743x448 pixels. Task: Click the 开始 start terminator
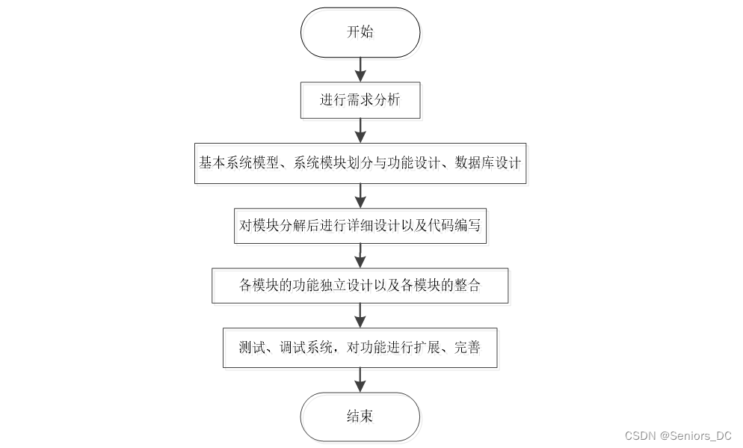[360, 32]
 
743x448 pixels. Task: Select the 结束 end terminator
[360, 417]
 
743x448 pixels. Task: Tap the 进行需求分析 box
[360, 100]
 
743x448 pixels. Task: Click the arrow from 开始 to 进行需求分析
[360, 70]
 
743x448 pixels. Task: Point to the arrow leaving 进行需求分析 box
[360, 131]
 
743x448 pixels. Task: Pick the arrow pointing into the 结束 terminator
[360, 380]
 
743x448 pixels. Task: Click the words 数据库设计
[488, 163]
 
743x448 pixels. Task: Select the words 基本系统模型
[239, 163]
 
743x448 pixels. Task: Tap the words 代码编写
[454, 225]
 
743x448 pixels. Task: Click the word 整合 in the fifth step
[468, 286]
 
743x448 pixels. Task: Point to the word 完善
[468, 348]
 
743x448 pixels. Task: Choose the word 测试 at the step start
[252, 348]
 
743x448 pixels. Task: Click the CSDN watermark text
[640, 436]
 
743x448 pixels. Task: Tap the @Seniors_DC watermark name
[696, 436]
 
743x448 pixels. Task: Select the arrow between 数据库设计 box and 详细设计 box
[360, 196]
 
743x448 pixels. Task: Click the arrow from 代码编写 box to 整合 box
[360, 256]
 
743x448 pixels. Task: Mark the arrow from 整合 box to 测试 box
[360, 316]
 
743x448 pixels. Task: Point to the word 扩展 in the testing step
[427, 348]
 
